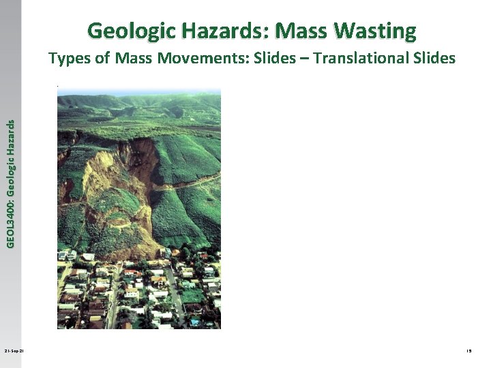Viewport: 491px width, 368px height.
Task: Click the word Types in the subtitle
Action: pyautogui.click(x=70, y=59)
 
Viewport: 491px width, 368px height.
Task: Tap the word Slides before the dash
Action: pyautogui.click(x=273, y=59)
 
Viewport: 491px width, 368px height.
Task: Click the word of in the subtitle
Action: pyautogui.click(x=103, y=59)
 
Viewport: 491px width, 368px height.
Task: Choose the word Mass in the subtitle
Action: pyautogui.click(x=134, y=59)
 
